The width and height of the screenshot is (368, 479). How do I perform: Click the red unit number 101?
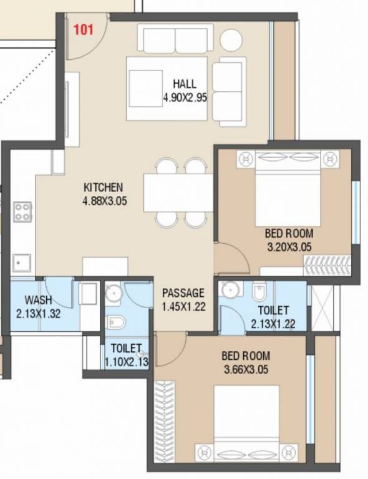point(83,29)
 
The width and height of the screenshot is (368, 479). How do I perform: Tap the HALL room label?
point(184,84)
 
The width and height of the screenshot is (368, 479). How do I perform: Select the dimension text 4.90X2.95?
point(184,97)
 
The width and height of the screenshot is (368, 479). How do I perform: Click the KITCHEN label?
point(104,187)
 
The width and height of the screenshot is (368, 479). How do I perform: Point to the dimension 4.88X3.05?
point(104,201)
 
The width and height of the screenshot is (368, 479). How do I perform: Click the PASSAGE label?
point(183,293)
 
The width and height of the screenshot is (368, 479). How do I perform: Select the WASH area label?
point(39,300)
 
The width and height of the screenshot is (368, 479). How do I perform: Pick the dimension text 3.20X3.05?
point(289,247)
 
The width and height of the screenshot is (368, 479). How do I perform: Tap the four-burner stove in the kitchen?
point(23,211)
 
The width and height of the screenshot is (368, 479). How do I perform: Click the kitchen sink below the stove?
point(22,262)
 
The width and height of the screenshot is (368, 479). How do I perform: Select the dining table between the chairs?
point(178,193)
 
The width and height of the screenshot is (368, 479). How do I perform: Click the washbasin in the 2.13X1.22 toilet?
point(231,289)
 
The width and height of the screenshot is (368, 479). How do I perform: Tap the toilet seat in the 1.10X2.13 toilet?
point(116,322)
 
